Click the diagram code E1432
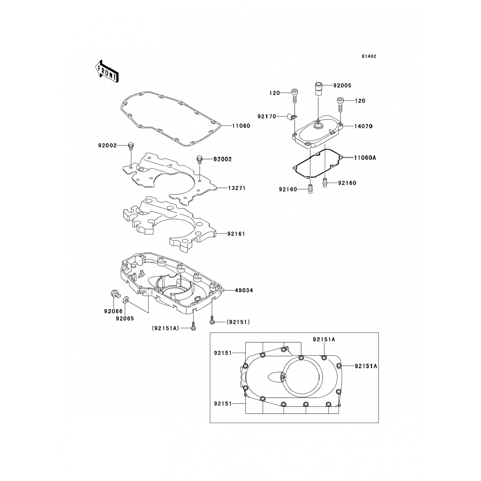[369, 56]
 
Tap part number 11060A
[365, 158]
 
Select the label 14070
[363, 126]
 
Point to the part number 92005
[342, 86]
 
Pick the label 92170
[266, 116]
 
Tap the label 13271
[237, 188]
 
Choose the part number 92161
[236, 234]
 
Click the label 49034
[244, 290]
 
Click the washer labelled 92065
[126, 300]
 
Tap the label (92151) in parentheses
[238, 322]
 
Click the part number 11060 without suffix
[241, 126]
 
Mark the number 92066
[113, 311]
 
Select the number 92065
[125, 319]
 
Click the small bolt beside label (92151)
[212, 319]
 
